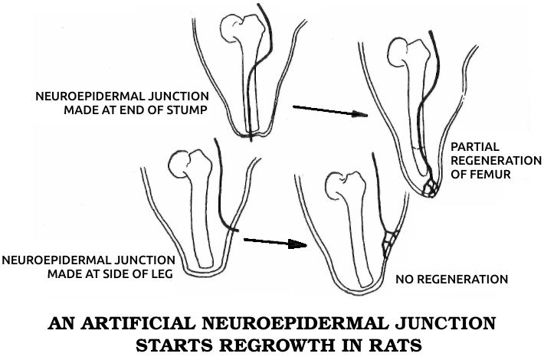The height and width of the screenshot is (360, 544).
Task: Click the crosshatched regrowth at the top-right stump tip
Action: tap(434, 187)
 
